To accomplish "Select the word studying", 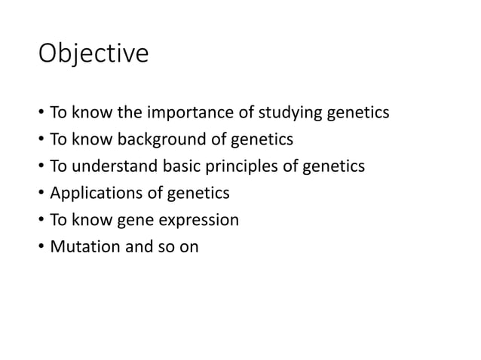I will pyautogui.click(x=290, y=114).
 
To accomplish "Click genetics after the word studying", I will pyautogui.click(x=358, y=114).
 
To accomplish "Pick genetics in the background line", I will pyautogui.click(x=262, y=140).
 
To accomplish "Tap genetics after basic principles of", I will pyautogui.click(x=335, y=166).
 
